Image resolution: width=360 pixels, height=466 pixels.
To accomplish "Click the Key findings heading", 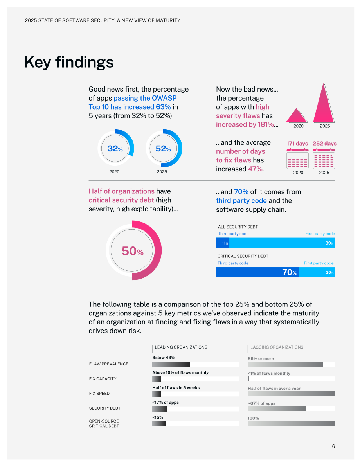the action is click(69, 63).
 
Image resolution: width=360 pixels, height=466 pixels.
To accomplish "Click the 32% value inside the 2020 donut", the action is click(115, 148).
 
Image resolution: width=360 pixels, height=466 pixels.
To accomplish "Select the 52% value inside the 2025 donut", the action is click(163, 148).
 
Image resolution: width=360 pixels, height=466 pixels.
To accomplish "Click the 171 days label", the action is click(297, 144).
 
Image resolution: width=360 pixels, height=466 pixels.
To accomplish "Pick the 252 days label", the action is click(325, 144).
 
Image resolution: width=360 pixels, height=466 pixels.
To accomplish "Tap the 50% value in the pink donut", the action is click(133, 251).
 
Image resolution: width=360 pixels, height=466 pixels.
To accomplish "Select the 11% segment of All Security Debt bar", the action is click(223, 243).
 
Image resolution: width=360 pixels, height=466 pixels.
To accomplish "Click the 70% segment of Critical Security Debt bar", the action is click(257, 272).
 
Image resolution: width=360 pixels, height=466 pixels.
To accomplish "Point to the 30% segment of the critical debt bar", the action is click(317, 272).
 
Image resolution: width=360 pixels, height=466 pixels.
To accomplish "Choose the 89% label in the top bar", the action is click(329, 243).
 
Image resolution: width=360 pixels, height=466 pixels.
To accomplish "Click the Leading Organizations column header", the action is click(181, 347).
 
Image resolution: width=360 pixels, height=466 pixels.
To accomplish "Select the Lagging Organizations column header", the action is click(277, 347).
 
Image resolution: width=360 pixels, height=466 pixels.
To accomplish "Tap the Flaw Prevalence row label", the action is click(109, 364).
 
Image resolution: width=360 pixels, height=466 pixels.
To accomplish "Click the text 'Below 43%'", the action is click(164, 358).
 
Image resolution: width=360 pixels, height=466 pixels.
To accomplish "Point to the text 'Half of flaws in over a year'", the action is click(274, 389).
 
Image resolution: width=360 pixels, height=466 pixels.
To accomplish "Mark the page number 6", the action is click(333, 446).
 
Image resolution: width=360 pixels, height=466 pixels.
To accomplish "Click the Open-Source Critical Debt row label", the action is click(104, 423).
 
